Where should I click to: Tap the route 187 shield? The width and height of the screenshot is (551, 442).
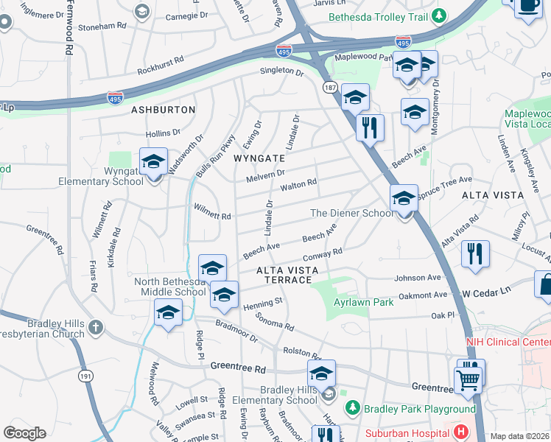coord(329,88)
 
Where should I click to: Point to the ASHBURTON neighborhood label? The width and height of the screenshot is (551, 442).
coord(163,110)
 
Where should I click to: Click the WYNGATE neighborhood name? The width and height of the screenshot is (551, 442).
coord(259,158)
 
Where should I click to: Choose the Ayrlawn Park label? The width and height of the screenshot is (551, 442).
coord(353,303)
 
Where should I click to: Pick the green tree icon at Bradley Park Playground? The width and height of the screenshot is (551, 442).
coord(353,407)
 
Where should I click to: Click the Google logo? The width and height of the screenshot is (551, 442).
coord(24,433)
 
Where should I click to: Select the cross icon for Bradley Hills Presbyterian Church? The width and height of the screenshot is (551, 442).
coord(95,326)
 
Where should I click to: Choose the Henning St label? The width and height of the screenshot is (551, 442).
coord(263,303)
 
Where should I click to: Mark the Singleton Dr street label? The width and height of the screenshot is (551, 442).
coord(281,72)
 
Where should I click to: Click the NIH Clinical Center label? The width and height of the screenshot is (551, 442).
coord(508,343)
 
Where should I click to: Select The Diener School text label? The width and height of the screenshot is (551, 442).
coord(351,213)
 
